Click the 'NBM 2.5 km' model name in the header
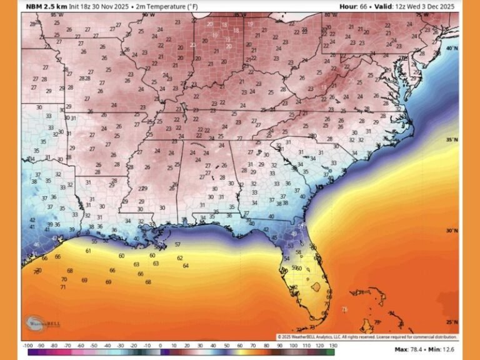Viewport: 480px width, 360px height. (x=46, y=6)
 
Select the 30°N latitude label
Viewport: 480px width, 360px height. (x=452, y=231)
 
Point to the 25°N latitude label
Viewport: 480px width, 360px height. (x=452, y=322)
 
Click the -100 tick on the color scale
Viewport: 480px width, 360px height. (x=27, y=344)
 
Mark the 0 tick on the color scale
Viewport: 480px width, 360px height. (x=160, y=344)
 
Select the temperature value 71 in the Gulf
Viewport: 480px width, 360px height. (x=63, y=287)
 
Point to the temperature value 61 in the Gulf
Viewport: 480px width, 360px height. (x=88, y=251)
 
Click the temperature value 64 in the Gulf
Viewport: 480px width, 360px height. (x=186, y=266)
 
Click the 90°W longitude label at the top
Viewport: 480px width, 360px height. (x=147, y=14)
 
